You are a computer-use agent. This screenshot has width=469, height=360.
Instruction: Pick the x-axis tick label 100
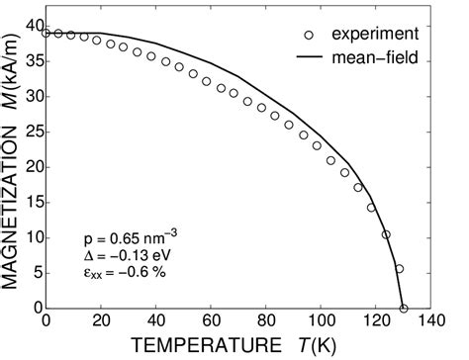pyautogui.click(x=320, y=321)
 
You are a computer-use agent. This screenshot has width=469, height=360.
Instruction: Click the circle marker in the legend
pyautogui.click(x=309, y=35)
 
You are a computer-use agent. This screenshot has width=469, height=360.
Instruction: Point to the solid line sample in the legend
pyautogui.click(x=309, y=58)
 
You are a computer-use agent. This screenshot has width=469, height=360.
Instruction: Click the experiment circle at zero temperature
pyautogui.click(x=47, y=33)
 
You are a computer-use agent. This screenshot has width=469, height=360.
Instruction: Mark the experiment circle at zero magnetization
pyautogui.click(x=404, y=308)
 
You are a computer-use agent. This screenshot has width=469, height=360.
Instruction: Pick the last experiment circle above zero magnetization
pyautogui.click(x=400, y=269)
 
